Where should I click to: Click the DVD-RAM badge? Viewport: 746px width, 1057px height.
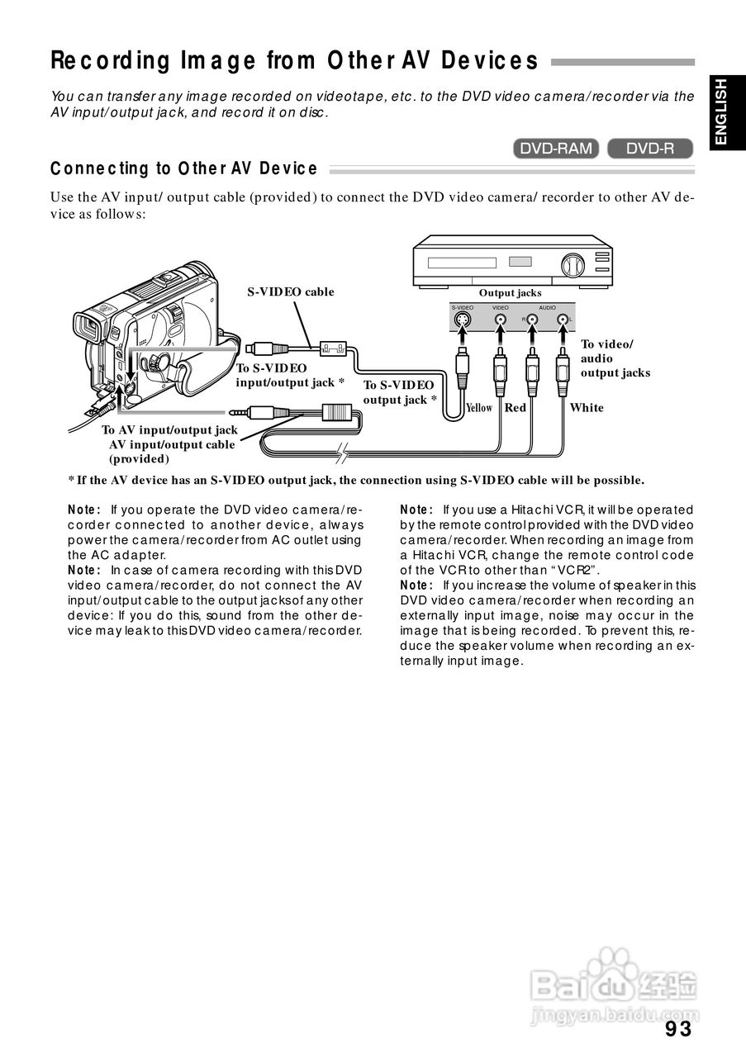[x=556, y=149]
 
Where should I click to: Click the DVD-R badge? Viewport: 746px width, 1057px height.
[x=649, y=149]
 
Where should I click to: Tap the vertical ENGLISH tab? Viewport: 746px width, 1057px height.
[x=721, y=112]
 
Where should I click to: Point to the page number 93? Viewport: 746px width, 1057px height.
[x=677, y=1029]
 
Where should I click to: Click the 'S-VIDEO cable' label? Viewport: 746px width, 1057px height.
[x=291, y=292]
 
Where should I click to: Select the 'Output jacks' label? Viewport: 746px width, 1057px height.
[x=510, y=293]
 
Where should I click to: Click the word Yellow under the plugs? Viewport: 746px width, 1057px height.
[x=479, y=408]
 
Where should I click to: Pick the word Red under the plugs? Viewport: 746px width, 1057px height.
[x=516, y=408]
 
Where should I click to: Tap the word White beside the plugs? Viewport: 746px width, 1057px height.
[x=587, y=408]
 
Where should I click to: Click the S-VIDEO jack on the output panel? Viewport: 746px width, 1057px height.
[x=464, y=320]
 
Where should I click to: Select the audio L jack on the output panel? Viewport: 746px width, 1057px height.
[x=563, y=320]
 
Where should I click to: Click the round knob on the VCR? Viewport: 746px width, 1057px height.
[x=571, y=265]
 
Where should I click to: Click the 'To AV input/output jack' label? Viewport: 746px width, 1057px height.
[x=169, y=430]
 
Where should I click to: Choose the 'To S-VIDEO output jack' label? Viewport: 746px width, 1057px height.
[x=399, y=392]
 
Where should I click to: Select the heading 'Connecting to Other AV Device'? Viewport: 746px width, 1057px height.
[x=183, y=169]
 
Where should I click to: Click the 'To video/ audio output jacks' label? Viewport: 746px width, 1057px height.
[x=615, y=358]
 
